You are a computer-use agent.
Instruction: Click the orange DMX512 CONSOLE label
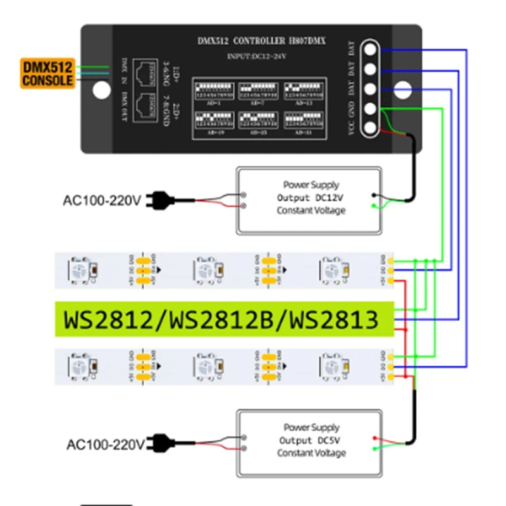click(47, 73)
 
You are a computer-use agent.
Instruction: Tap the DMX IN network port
click(147, 76)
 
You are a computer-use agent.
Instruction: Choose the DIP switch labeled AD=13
click(303, 91)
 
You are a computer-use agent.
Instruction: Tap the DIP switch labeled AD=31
click(303, 121)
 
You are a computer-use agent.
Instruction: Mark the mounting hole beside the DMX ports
click(101, 90)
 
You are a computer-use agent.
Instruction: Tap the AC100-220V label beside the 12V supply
click(101, 201)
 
